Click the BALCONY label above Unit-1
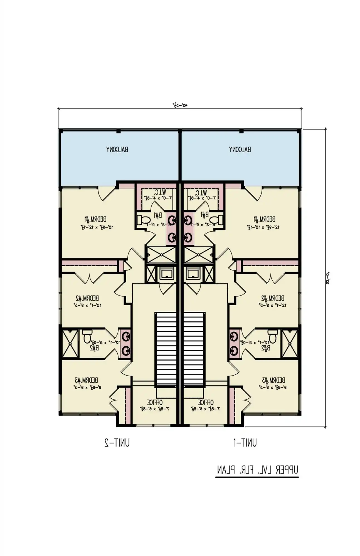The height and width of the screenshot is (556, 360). pyautogui.click(x=240, y=150)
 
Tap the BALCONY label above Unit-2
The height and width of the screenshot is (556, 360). pyautogui.click(x=117, y=150)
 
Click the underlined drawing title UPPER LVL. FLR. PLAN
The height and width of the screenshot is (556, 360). pyautogui.click(x=257, y=470)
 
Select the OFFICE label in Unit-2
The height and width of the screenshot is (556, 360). pyautogui.click(x=154, y=402)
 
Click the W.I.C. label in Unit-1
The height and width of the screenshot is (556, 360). pyautogui.click(x=201, y=192)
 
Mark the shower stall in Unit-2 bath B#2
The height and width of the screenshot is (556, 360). pyautogui.click(x=70, y=344)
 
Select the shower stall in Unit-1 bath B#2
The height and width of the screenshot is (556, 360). pyautogui.click(x=289, y=344)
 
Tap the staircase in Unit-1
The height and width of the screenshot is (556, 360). pyautogui.click(x=194, y=349)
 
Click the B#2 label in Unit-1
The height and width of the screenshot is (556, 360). pyautogui.click(x=266, y=348)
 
